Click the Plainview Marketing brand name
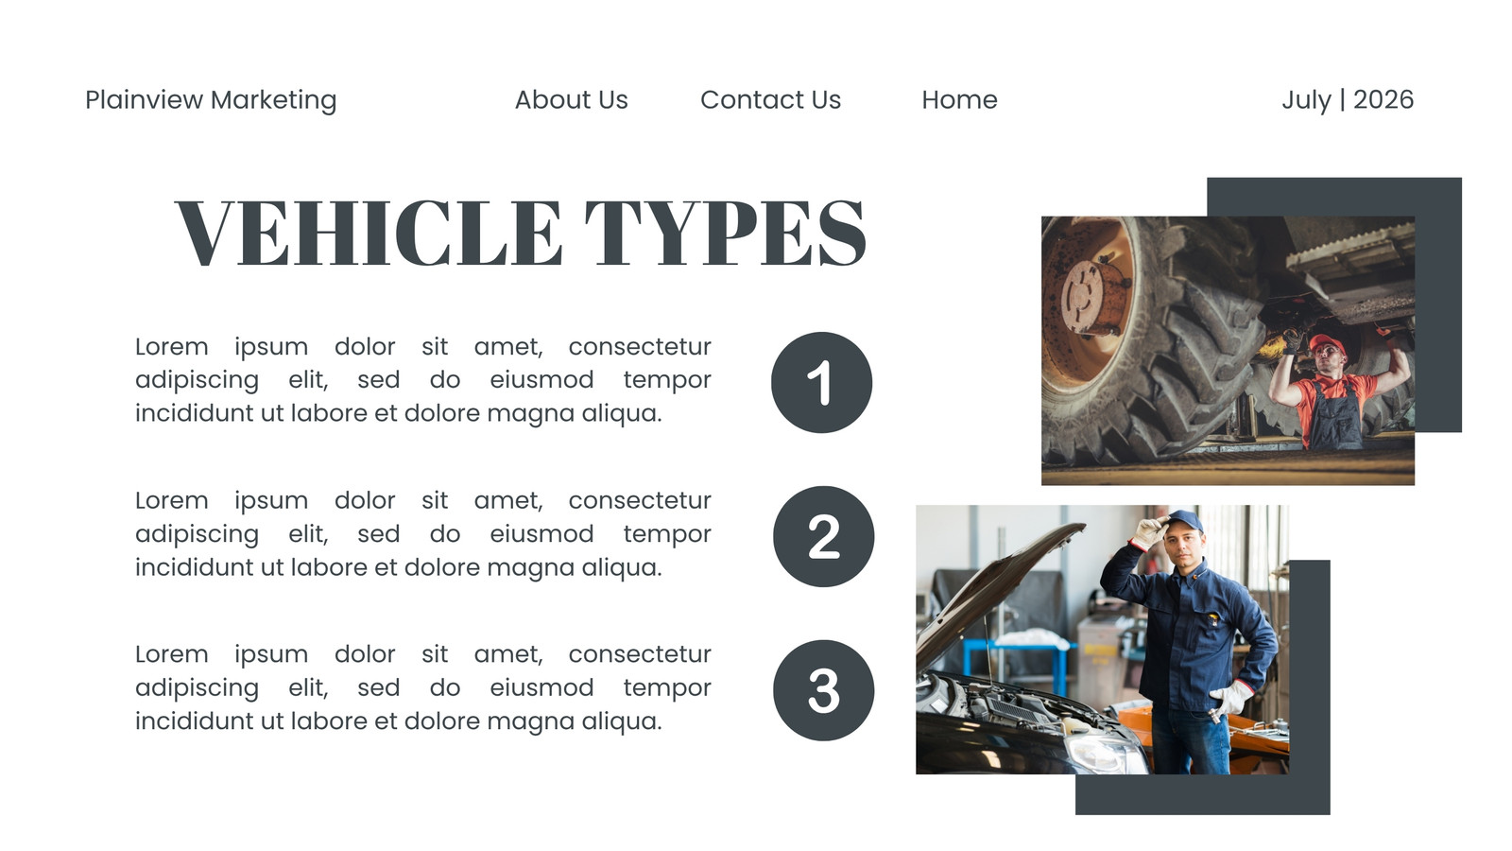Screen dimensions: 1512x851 click(x=211, y=100)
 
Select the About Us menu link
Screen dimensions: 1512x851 click(x=571, y=100)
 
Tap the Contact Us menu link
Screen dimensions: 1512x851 click(x=770, y=100)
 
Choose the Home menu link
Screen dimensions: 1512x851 click(x=959, y=100)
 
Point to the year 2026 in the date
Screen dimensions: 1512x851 click(x=1383, y=100)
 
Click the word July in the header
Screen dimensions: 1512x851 click(x=1306, y=100)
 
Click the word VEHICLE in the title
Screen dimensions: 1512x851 click(x=369, y=233)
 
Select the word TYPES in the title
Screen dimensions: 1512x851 click(x=726, y=233)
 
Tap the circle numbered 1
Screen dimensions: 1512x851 click(x=821, y=382)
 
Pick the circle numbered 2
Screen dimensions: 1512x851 click(x=823, y=536)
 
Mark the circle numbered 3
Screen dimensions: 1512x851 click(x=823, y=690)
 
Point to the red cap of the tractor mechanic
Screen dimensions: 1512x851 click(x=1327, y=343)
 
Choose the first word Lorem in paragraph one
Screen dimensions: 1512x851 click(x=171, y=347)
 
